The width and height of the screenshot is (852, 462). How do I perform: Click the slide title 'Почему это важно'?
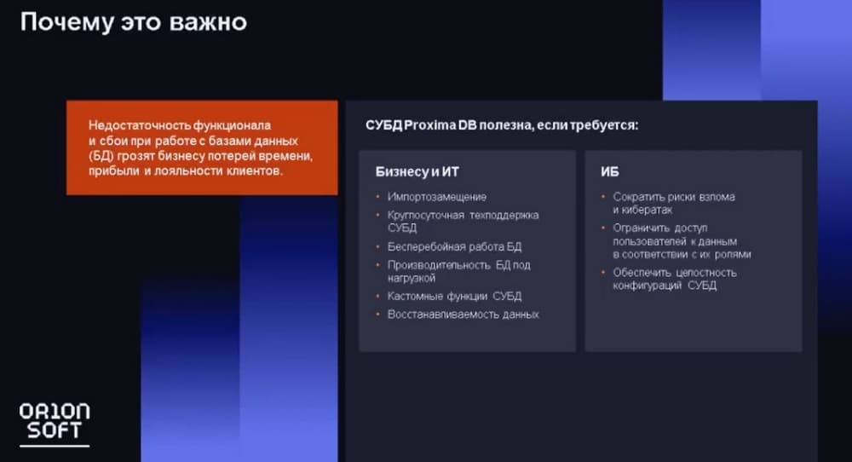click(x=134, y=22)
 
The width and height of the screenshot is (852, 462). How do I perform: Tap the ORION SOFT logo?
click(x=55, y=424)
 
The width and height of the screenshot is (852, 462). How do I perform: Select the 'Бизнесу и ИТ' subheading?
click(x=417, y=171)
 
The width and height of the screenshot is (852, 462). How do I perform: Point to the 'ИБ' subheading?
click(x=610, y=171)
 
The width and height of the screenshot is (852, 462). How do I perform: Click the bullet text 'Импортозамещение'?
click(x=437, y=197)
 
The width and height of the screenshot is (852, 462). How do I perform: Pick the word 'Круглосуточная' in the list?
click(x=425, y=216)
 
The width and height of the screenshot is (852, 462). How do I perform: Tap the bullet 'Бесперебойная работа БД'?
click(x=454, y=246)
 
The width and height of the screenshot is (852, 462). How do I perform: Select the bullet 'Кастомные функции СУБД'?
click(x=454, y=297)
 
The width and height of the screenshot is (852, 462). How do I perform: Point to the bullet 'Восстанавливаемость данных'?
click(x=463, y=315)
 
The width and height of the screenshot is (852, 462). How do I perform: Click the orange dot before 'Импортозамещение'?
click(x=377, y=197)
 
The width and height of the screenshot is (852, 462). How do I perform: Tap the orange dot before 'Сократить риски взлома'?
click(x=603, y=197)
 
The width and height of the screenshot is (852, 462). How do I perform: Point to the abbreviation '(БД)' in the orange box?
click(x=101, y=156)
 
